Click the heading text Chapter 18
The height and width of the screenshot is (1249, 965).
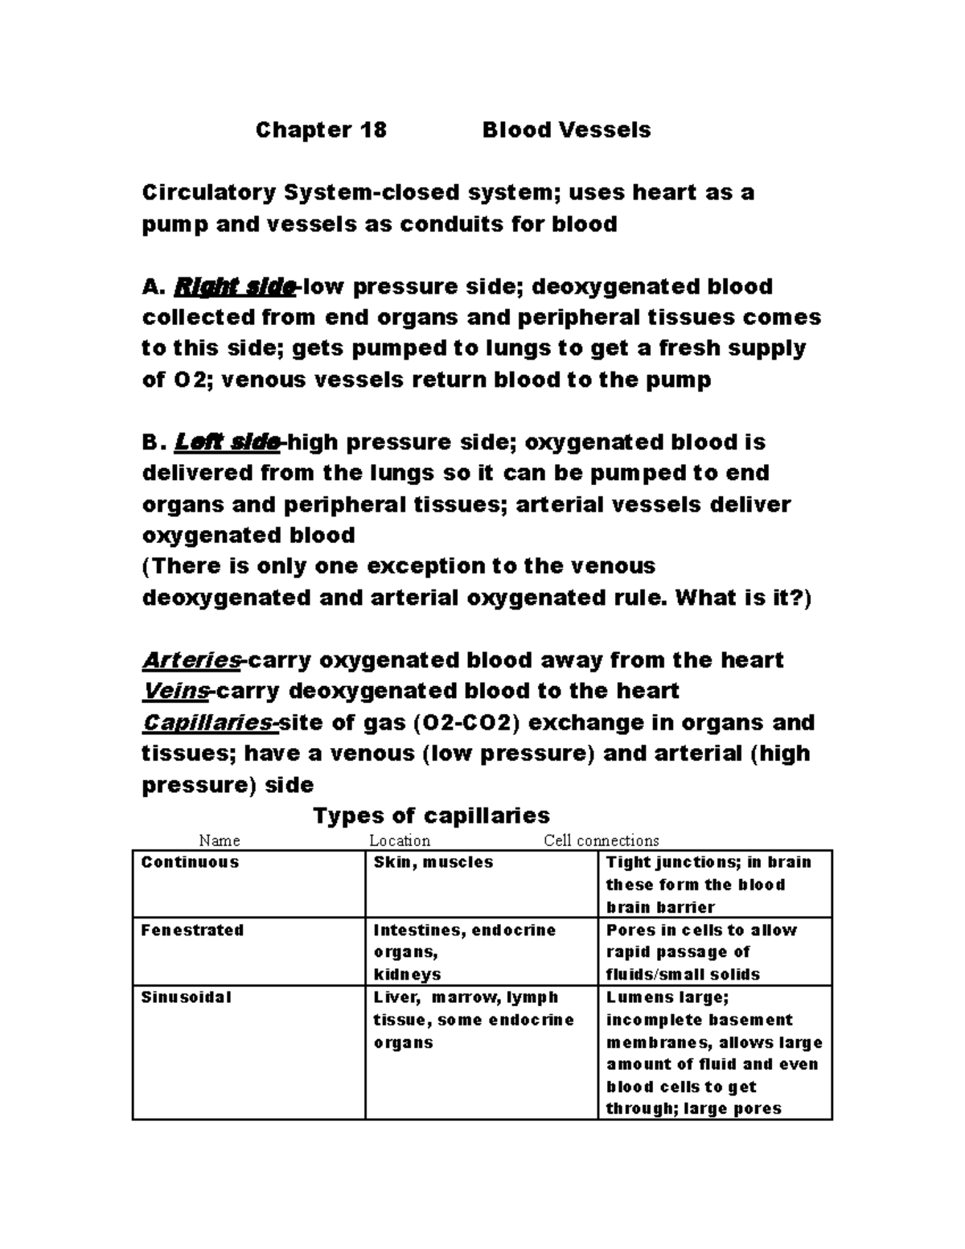pyautogui.click(x=321, y=129)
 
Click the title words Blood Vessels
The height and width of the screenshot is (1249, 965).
pyautogui.click(x=566, y=129)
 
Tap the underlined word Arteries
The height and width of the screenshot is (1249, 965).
pyautogui.click(x=191, y=660)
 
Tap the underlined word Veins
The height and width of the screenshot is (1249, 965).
pyautogui.click(x=175, y=691)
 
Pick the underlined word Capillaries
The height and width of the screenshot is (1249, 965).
pyautogui.click(x=208, y=722)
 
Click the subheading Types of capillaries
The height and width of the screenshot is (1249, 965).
pyautogui.click(x=431, y=816)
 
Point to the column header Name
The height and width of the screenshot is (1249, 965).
pyautogui.click(x=219, y=840)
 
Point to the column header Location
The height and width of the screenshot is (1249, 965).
pyautogui.click(x=400, y=840)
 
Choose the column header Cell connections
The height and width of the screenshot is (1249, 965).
pyautogui.click(x=602, y=840)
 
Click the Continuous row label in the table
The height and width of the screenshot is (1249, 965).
pyautogui.click(x=190, y=862)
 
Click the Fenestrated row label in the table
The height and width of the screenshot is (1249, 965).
pyautogui.click(x=192, y=930)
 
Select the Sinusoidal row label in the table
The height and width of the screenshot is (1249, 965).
pyautogui.click(x=186, y=997)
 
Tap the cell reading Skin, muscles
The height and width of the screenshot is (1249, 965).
pyautogui.click(x=433, y=862)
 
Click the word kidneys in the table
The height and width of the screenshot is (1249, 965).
pyautogui.click(x=407, y=975)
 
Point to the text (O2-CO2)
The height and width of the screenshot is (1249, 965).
pyautogui.click(x=461, y=722)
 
